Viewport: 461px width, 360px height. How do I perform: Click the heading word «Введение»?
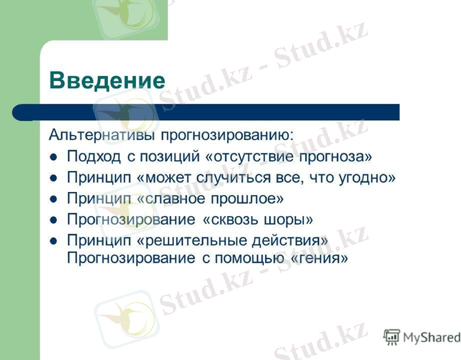(107, 80)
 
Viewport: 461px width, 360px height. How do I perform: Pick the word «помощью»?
(248, 259)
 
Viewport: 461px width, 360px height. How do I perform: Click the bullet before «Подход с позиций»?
(53, 157)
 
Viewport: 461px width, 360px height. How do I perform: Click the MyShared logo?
(422, 337)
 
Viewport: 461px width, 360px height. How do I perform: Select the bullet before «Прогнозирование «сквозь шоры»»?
(53, 220)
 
